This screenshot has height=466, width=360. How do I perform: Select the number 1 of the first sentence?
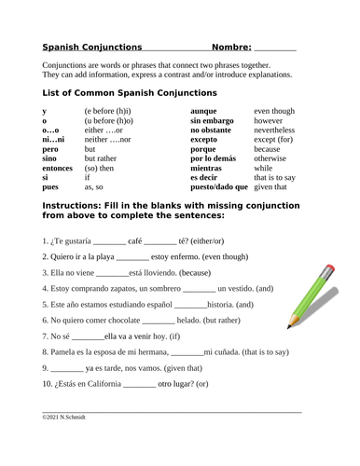(x=46, y=240)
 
